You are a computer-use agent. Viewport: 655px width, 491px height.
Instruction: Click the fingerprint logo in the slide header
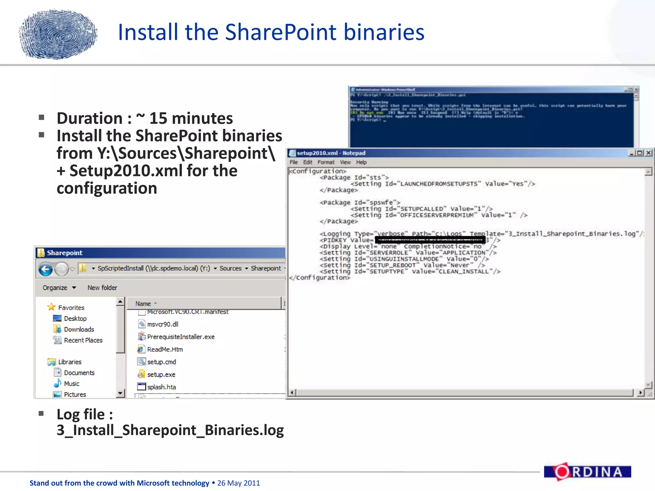[58, 34]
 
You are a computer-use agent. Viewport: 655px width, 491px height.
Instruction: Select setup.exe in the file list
[161, 374]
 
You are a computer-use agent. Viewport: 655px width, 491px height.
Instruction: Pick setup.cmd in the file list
[161, 362]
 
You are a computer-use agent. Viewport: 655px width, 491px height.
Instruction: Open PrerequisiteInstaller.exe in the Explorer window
[180, 337]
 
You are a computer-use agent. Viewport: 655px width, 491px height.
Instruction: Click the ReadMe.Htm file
[165, 349]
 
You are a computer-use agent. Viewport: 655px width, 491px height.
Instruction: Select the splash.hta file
[161, 387]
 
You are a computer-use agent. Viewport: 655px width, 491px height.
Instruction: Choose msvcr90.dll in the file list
[162, 324]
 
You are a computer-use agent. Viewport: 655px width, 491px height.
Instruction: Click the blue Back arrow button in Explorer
[46, 269]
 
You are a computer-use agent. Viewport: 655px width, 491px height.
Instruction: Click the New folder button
[102, 288]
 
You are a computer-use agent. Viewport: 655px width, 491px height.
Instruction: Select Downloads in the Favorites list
[79, 329]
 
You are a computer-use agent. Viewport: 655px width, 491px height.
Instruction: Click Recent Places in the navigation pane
[83, 340]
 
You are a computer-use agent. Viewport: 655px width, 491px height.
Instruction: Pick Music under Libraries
[71, 384]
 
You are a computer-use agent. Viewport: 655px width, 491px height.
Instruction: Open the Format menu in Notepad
[326, 162]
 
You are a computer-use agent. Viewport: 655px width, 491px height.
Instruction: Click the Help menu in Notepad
[361, 162]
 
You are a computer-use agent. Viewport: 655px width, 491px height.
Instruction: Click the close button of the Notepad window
[648, 153]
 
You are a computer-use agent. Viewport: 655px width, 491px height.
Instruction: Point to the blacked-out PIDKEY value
[430, 240]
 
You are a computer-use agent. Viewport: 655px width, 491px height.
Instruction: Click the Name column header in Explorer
[143, 304]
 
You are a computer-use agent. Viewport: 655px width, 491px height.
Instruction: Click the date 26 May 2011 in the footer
[238, 483]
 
